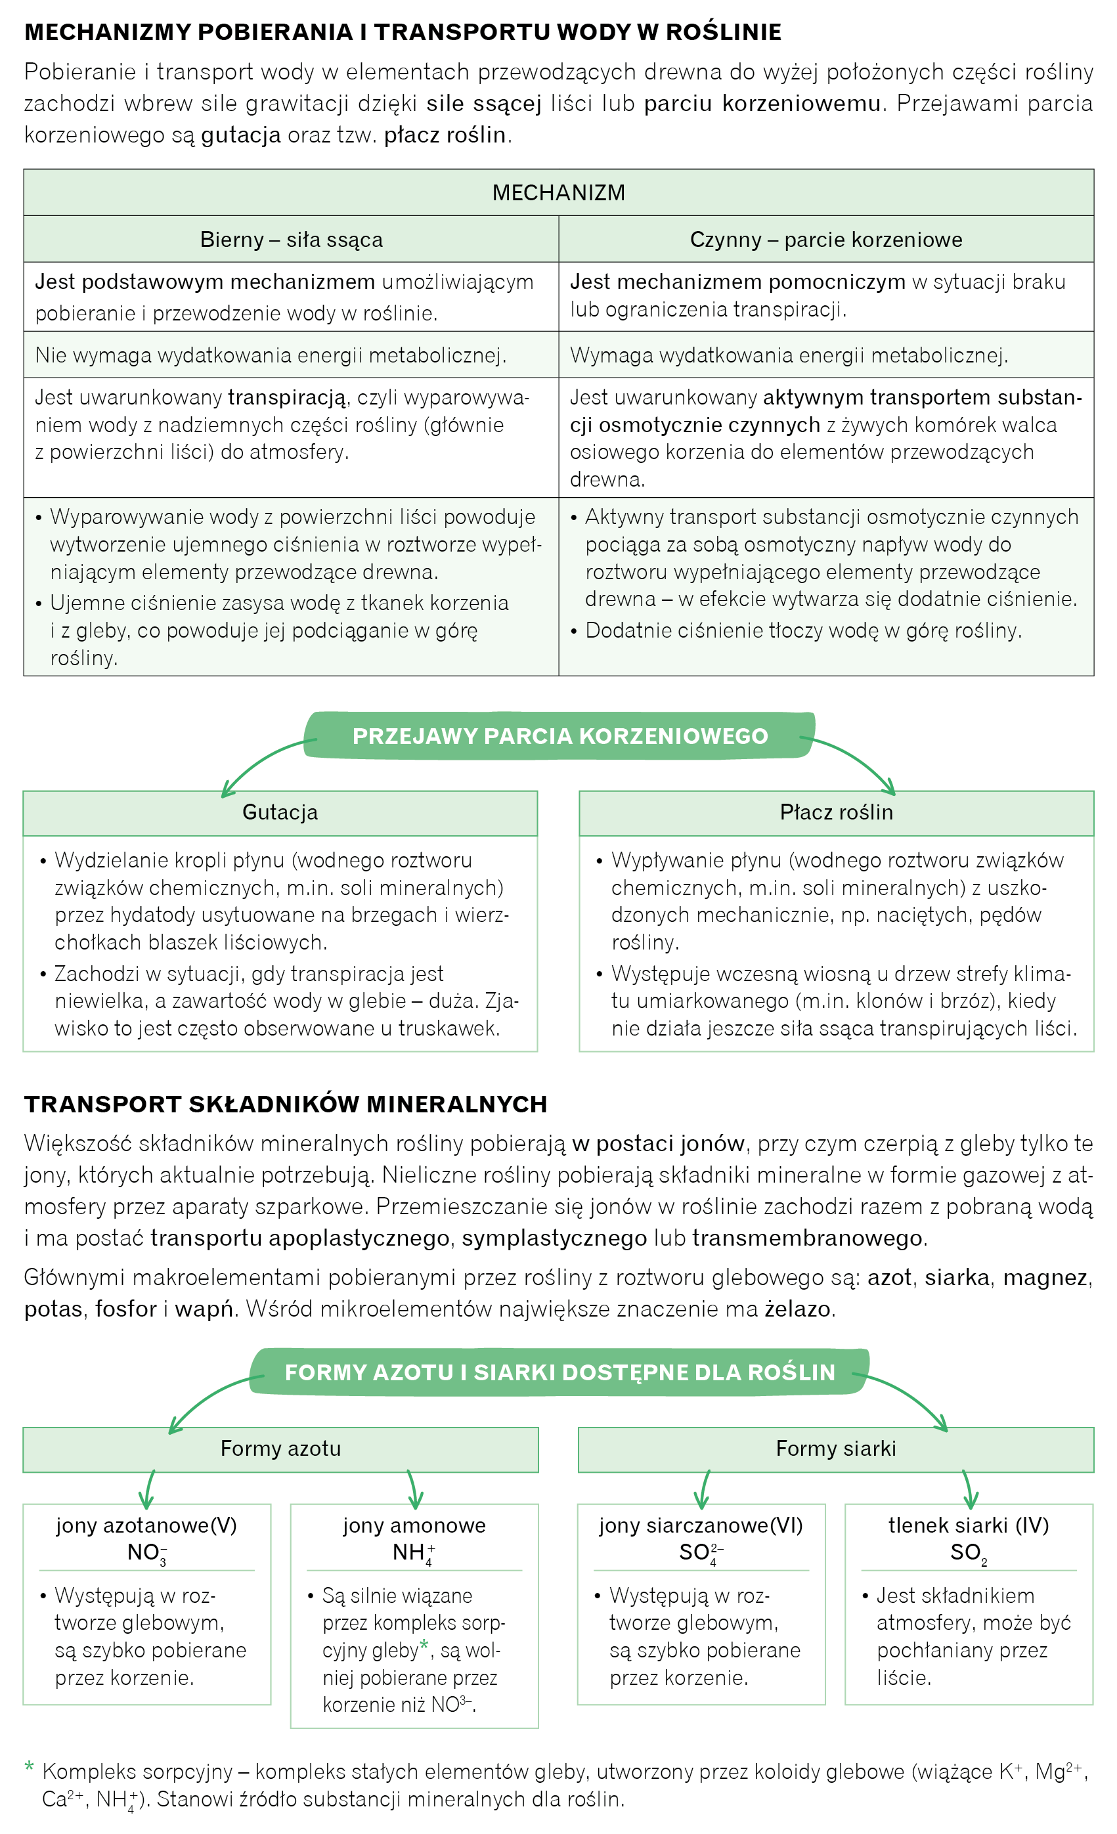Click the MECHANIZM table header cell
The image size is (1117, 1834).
click(558, 193)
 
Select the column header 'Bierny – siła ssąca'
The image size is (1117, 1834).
click(291, 240)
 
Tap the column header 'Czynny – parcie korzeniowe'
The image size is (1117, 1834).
click(826, 240)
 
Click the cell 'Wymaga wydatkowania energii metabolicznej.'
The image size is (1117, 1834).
click(789, 355)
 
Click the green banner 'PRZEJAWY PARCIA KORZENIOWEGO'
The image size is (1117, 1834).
click(559, 736)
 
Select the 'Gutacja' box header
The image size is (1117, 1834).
click(280, 812)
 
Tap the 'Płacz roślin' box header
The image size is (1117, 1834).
click(837, 812)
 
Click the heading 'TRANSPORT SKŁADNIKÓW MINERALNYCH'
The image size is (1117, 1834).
click(285, 1104)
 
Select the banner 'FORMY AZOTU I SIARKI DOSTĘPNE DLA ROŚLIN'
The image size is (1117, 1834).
click(559, 1372)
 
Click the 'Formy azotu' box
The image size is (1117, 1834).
click(280, 1449)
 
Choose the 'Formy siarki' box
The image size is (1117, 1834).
click(836, 1449)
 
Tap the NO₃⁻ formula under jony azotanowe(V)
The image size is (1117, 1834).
click(146, 1554)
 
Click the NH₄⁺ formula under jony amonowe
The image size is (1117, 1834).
click(414, 1554)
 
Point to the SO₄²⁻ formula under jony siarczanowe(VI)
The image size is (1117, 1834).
click(700, 1554)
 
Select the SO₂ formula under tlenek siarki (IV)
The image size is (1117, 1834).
click(968, 1554)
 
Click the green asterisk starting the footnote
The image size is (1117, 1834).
click(29, 1767)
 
